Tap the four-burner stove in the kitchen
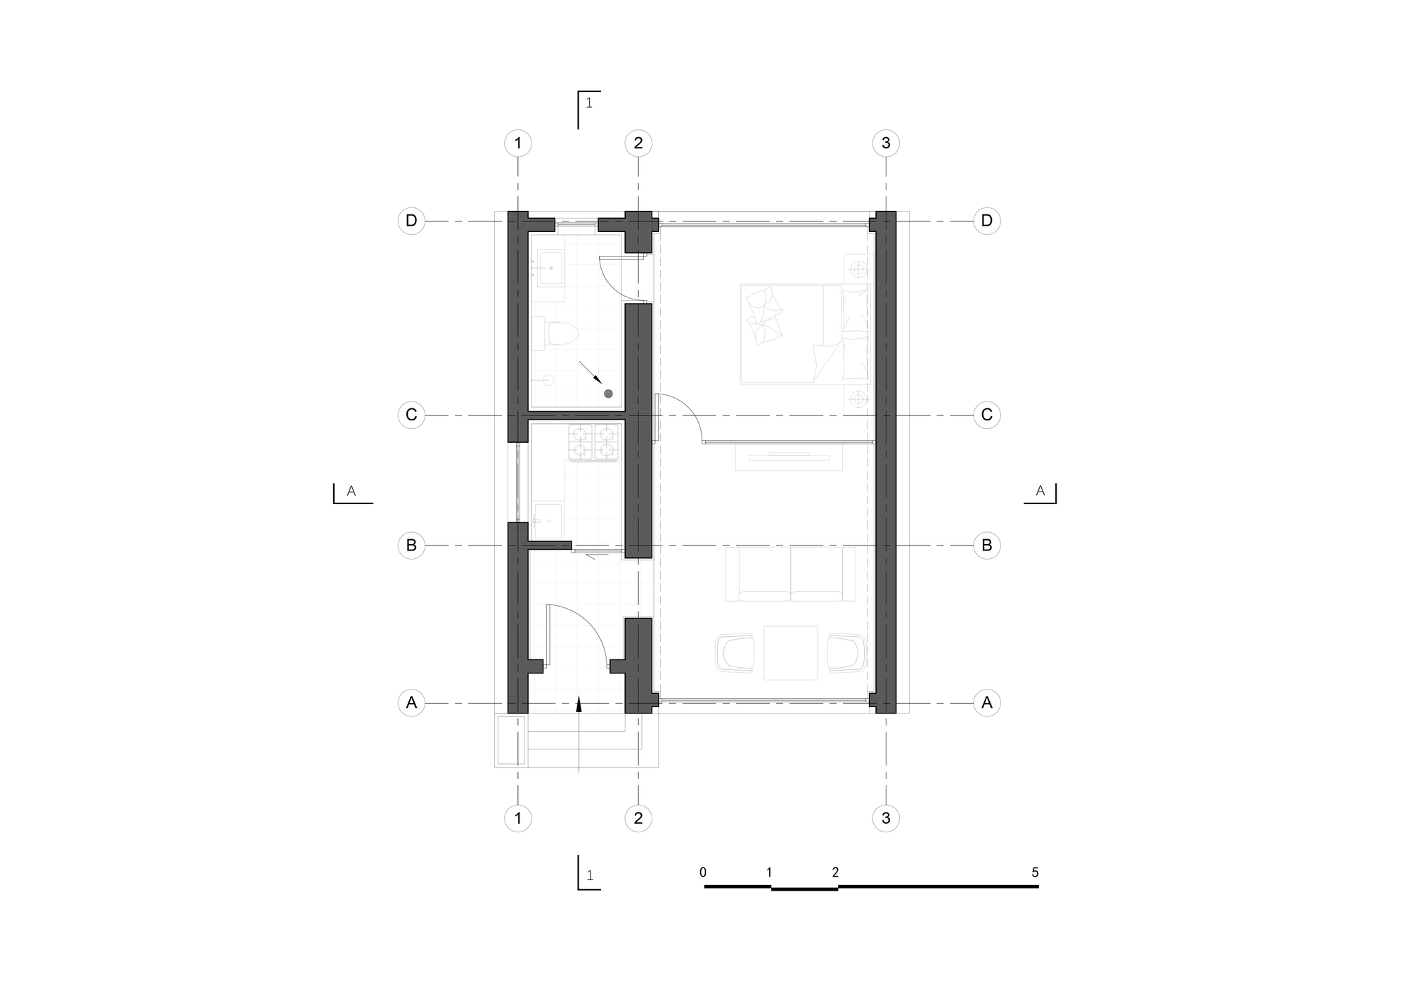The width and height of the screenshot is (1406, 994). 594,442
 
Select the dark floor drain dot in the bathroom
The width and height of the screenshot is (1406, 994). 609,394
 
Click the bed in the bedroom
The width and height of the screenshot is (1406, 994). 804,334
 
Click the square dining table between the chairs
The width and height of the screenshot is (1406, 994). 791,652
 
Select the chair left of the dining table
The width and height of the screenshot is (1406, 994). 736,653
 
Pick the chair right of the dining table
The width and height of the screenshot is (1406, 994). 846,653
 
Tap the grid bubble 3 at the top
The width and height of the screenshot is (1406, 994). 886,143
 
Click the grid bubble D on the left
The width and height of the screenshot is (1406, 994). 411,221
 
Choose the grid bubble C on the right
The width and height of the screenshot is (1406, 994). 987,415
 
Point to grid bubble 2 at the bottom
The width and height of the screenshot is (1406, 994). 638,818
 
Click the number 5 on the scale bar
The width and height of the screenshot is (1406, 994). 1035,872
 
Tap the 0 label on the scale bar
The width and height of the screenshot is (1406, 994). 703,872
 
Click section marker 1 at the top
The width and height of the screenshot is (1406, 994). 589,109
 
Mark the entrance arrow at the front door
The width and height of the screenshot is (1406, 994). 579,734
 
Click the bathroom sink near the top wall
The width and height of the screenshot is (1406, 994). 551,269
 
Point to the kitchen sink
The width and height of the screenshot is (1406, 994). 548,521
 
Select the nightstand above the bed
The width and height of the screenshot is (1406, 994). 857,269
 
